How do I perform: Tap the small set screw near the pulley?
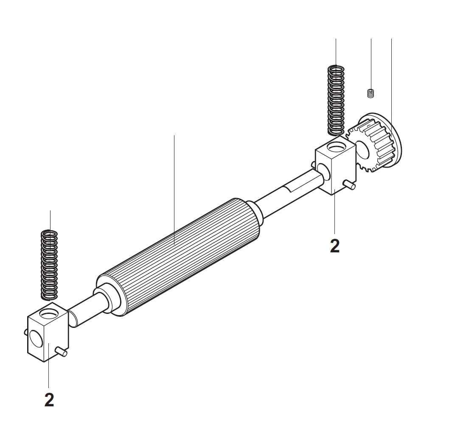[x=371, y=93]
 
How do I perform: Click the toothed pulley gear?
[x=373, y=146]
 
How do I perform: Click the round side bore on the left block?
[x=35, y=340]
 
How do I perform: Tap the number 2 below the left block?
[x=49, y=400]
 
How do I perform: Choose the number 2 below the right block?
[x=335, y=246]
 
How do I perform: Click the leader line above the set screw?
[x=371, y=64]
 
